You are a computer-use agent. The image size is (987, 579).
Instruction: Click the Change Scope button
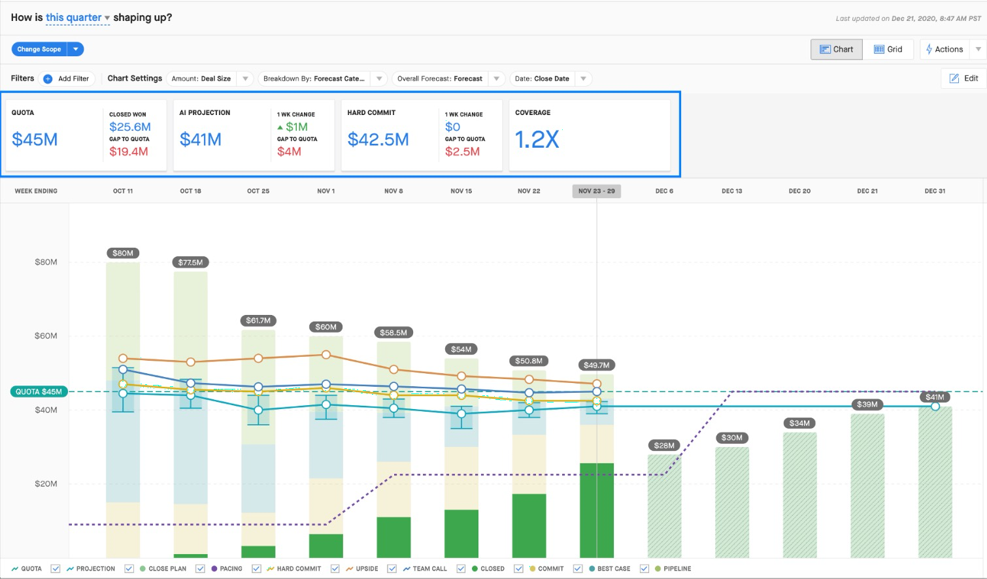click(x=39, y=49)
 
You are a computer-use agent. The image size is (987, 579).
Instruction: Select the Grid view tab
click(x=888, y=49)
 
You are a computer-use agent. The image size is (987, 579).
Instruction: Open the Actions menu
click(x=945, y=49)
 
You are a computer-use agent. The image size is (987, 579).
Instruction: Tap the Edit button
click(x=964, y=78)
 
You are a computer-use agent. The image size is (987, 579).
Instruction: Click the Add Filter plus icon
click(x=48, y=78)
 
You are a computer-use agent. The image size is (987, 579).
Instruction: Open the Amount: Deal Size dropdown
click(x=209, y=78)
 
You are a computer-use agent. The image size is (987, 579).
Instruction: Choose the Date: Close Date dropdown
click(x=551, y=78)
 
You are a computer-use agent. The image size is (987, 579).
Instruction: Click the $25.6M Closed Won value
click(x=130, y=127)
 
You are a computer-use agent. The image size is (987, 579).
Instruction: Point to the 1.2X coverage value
click(x=537, y=139)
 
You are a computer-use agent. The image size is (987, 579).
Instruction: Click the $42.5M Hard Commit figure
click(x=378, y=139)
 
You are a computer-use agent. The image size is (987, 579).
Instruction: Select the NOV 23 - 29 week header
click(x=597, y=191)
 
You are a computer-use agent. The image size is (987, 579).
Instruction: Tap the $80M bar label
click(x=123, y=253)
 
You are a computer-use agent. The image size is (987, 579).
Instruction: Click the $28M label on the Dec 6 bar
click(x=664, y=446)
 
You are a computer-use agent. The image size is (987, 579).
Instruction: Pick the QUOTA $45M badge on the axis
click(x=39, y=391)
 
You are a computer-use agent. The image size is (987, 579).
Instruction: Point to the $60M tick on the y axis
click(x=46, y=336)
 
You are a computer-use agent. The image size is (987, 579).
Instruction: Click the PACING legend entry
click(x=226, y=569)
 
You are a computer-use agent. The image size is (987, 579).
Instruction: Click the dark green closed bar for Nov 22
click(x=529, y=525)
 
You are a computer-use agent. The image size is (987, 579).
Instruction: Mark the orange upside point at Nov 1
click(x=326, y=355)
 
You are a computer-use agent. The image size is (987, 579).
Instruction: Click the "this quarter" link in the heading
click(x=74, y=17)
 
